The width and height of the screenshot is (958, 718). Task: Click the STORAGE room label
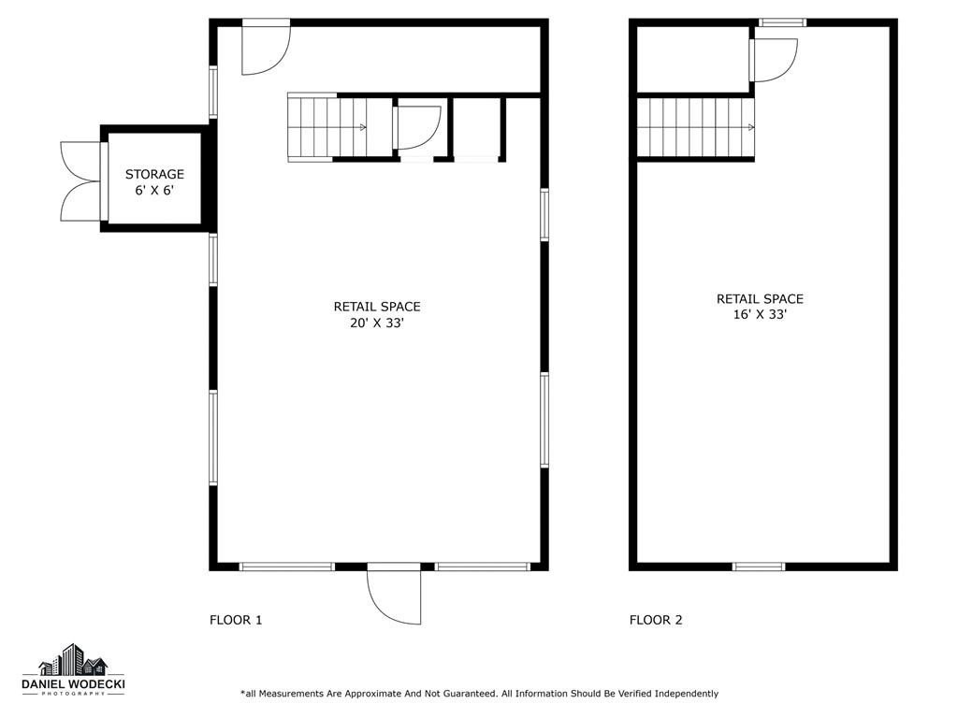(154, 174)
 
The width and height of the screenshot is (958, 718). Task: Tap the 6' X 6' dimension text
(154, 191)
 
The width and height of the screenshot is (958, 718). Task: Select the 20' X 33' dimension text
(377, 323)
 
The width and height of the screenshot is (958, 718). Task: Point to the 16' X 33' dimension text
(760, 315)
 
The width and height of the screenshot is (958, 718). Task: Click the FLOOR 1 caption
(236, 621)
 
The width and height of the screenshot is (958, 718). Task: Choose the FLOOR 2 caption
(656, 621)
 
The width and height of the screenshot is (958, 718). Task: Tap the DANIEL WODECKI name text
(73, 685)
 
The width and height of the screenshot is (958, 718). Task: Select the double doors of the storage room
(83, 181)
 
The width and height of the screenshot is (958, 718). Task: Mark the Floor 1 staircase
(327, 127)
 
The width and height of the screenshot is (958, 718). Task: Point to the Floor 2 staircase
(695, 127)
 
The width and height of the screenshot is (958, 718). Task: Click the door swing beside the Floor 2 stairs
(774, 60)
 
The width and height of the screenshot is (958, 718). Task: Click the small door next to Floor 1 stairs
(418, 127)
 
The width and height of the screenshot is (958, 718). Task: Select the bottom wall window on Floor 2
(758, 567)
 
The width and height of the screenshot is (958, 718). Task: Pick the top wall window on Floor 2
(783, 22)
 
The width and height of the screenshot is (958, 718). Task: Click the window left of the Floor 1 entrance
(286, 567)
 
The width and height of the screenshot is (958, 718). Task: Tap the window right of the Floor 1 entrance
(483, 567)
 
